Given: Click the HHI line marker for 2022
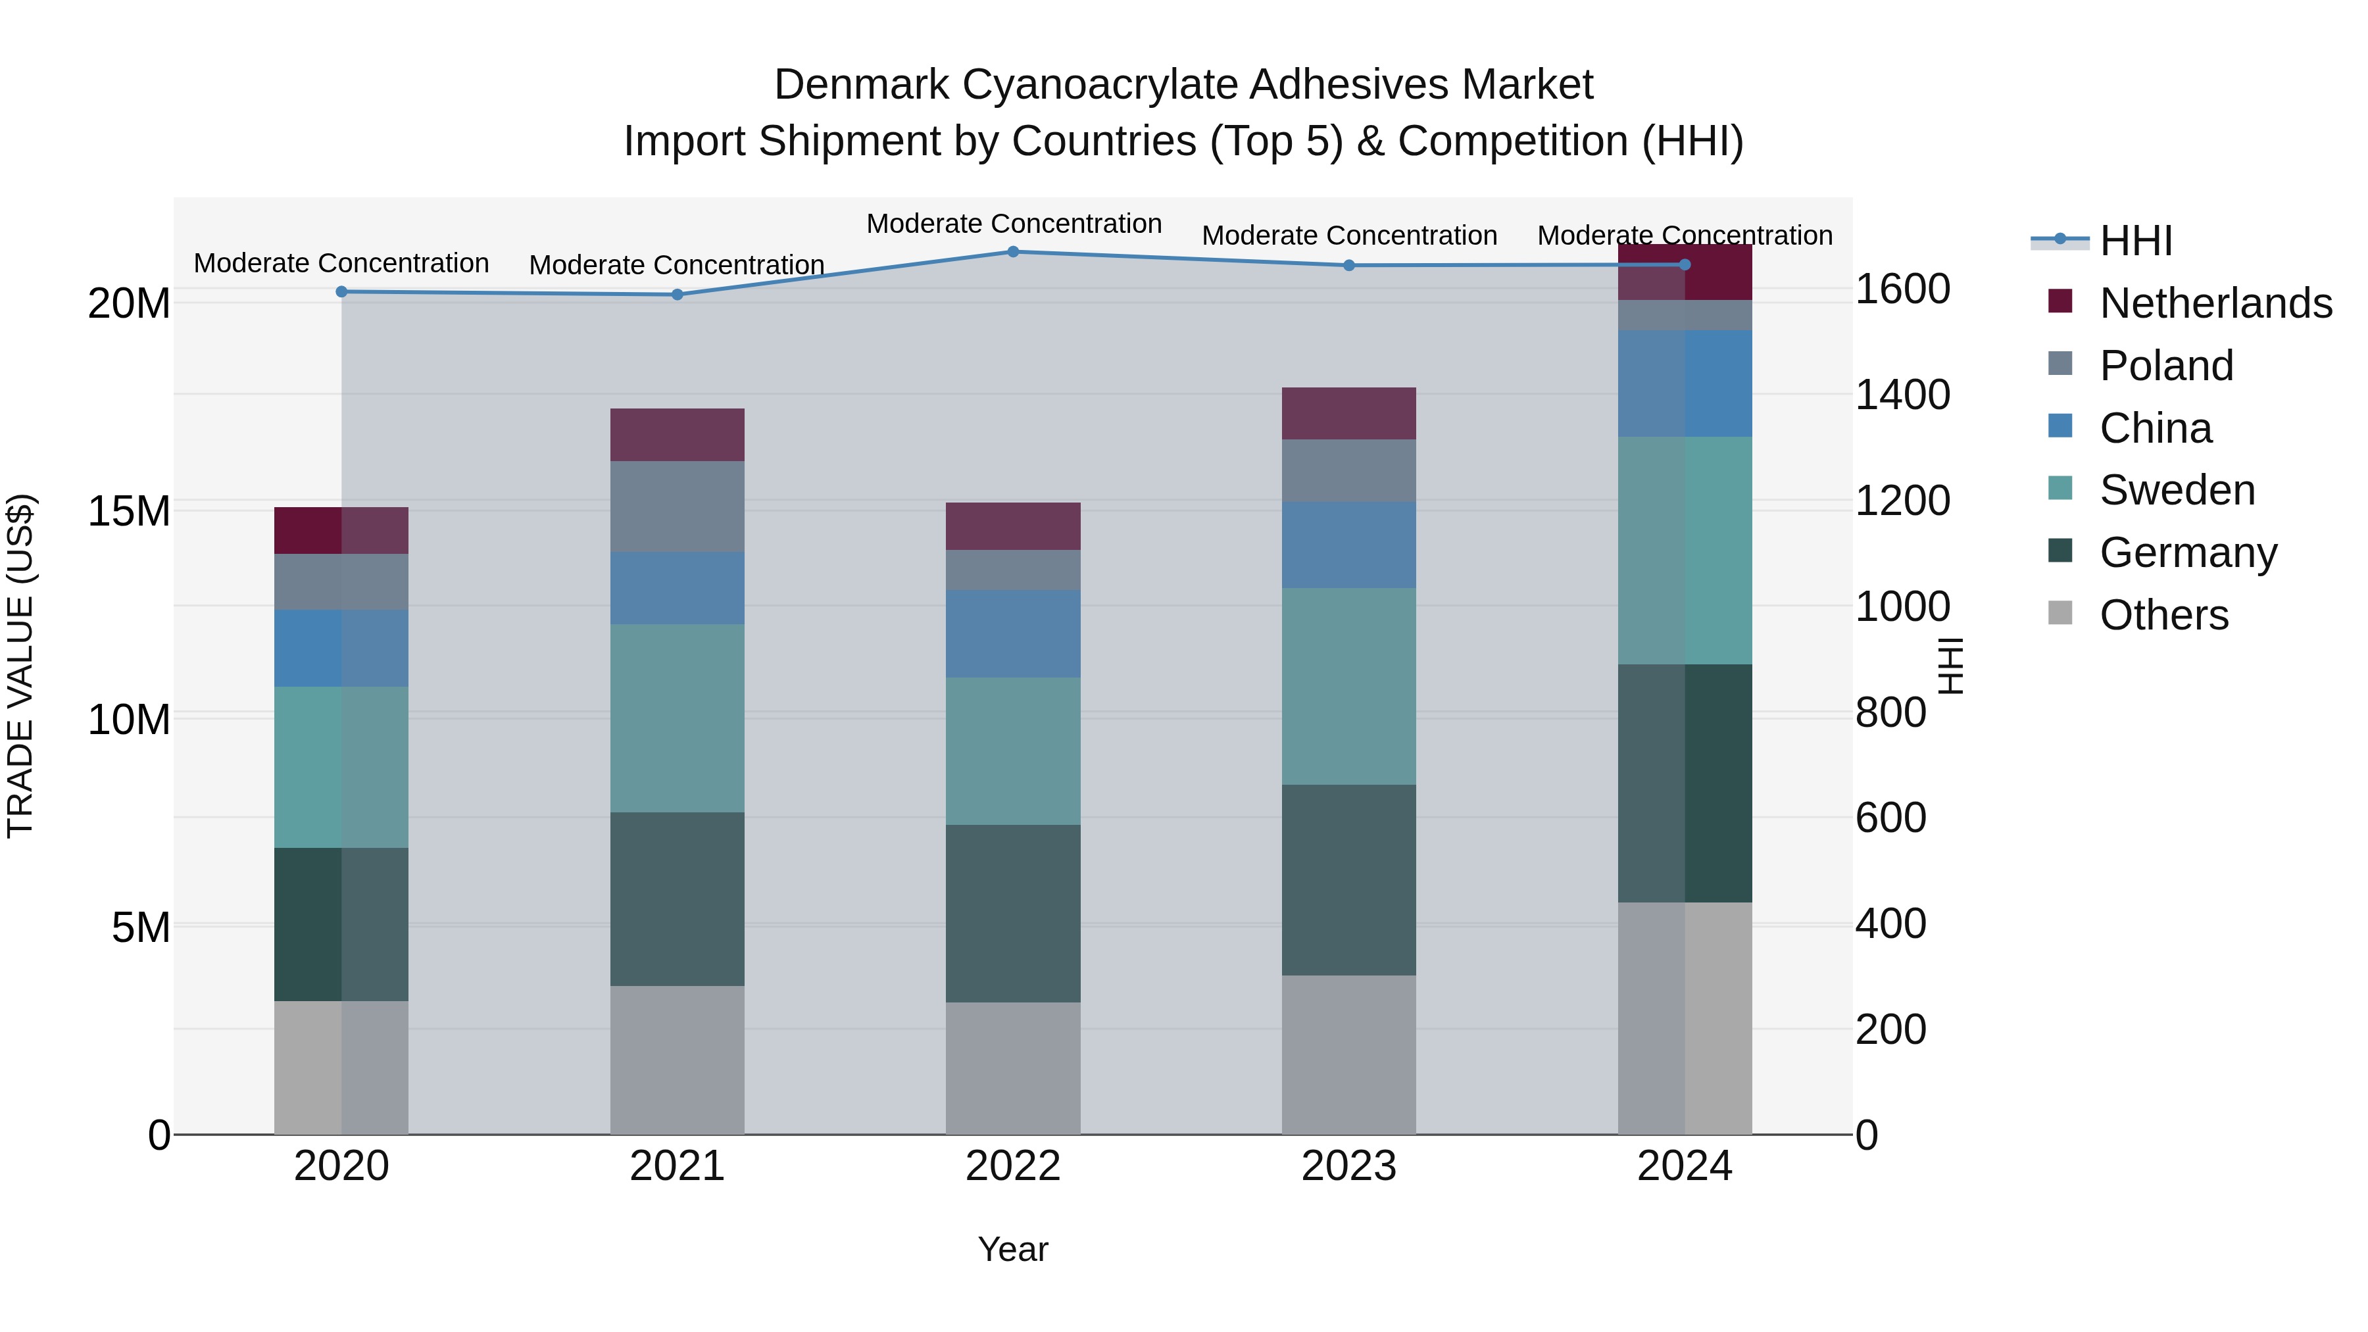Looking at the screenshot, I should pos(1013,252).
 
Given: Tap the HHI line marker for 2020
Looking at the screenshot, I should pos(341,291).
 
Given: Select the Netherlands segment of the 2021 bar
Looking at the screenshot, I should pos(677,435).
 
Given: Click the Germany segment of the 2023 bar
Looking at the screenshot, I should pos(1348,879).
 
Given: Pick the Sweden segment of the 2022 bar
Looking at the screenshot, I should pos(1013,751).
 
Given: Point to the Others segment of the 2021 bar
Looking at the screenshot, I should pos(677,1060).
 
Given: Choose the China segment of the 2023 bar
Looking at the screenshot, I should pos(1348,545).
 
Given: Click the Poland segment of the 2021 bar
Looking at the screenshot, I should pos(677,506).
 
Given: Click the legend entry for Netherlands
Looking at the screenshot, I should pos(2215,303).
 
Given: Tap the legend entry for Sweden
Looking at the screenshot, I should pos(2176,490).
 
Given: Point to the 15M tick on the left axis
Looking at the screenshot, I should pos(129,511).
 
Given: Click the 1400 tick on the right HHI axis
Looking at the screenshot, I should pos(1902,395).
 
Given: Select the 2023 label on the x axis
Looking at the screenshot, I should pos(1348,1166).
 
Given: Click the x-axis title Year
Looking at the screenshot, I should pos(1012,1249).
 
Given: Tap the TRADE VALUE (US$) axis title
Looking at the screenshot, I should pos(20,666).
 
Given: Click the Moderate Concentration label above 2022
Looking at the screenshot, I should pos(1013,224).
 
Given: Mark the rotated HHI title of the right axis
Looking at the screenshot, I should pos(1950,666).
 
